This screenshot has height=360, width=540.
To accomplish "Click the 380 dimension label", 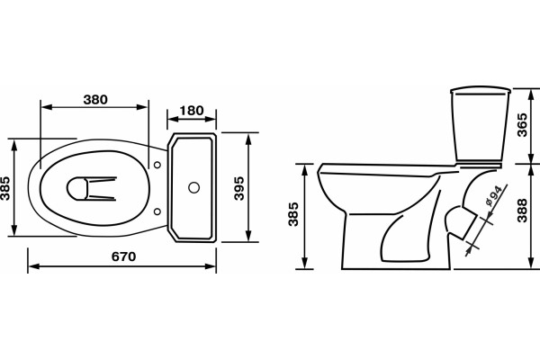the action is pos(95,100).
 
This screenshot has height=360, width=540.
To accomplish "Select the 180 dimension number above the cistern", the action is pos(192,111).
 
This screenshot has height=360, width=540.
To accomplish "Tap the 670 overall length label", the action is pos(123,256).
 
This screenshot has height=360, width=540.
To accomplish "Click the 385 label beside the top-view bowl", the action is pos(5,188).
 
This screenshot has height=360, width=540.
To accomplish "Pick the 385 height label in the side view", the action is pos(293,214).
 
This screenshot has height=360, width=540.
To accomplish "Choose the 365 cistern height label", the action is pos(522,125).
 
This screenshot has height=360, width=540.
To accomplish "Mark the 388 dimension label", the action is pos(522,210).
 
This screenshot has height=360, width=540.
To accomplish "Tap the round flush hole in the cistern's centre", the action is pos(193,187).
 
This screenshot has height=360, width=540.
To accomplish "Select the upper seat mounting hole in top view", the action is pos(157,165).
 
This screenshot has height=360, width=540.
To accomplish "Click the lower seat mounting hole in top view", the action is pos(157,211).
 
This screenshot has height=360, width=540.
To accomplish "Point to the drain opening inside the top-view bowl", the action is pos(76,188).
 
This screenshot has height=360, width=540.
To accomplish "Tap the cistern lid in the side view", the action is pos(481,91).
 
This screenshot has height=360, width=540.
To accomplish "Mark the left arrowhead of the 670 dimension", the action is pos(34,266).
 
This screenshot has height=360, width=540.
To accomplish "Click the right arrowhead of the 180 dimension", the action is pos(210,119).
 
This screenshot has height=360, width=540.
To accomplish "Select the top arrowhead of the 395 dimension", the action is pos(248,139).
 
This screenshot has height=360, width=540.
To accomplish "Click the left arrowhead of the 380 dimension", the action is pos(47,107).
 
